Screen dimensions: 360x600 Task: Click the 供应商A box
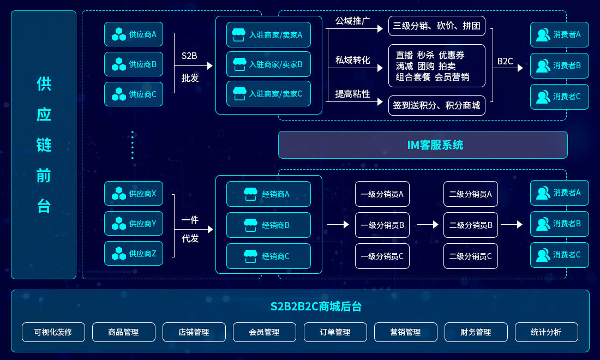coord(134,34)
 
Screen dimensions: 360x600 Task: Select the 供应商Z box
coord(134,253)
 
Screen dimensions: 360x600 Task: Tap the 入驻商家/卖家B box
coord(268,64)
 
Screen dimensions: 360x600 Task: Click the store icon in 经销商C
coord(250,256)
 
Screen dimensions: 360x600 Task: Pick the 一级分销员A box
coord(382,194)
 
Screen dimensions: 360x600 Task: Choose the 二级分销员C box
coord(470,256)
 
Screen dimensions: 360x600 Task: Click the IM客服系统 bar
coord(423,145)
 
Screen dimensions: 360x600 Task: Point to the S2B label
coord(189,56)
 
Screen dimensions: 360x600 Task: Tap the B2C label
coord(505,62)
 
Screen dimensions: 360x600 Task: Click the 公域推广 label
coord(352,21)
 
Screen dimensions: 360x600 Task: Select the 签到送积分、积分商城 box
coord(437,105)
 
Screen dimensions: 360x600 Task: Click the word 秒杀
coord(425,55)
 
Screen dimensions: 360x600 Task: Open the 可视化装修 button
coord(53,332)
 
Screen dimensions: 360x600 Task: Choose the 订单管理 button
coord(335,332)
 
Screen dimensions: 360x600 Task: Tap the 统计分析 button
coord(546,332)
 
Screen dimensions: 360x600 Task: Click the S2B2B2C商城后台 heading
coord(316,307)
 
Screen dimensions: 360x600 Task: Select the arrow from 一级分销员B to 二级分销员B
coord(427,224)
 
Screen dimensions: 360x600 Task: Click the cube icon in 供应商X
coord(118,194)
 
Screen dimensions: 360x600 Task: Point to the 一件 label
coord(190,220)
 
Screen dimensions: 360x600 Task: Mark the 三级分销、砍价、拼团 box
coord(437,26)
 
